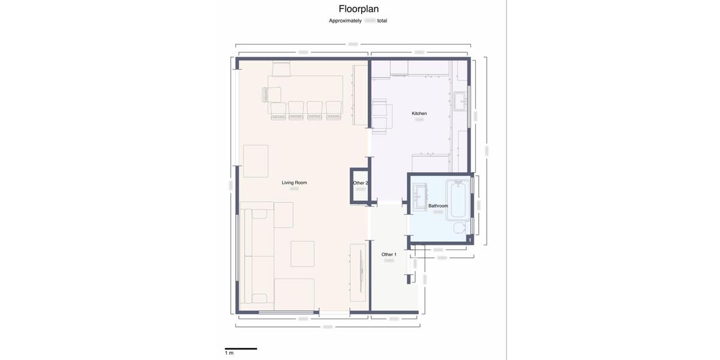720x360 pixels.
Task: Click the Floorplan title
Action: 359,8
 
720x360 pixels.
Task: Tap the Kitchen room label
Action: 419,113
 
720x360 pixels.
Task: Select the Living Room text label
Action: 294,182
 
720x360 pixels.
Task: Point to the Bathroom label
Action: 438,206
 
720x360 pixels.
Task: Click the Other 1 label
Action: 389,254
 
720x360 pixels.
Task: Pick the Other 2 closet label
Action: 360,183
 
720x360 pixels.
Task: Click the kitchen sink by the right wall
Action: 460,101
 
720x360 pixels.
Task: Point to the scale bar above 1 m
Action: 241,348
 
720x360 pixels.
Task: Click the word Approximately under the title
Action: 345,20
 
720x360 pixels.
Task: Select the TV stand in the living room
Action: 358,273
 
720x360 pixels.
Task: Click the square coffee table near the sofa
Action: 302,253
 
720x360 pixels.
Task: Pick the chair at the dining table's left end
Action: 271,95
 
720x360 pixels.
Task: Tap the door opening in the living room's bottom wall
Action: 334,312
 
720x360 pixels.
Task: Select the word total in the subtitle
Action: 382,20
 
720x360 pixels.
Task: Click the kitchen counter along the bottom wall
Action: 430,163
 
